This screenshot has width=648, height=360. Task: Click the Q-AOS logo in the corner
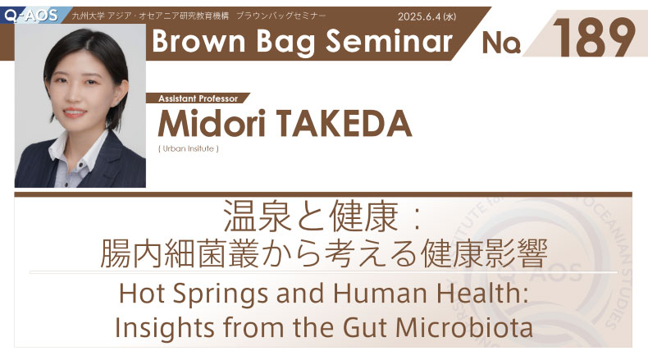click(31, 16)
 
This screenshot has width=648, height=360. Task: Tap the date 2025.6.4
click(419, 16)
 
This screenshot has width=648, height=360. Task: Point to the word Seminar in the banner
click(389, 41)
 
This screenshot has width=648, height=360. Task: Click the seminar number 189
click(593, 38)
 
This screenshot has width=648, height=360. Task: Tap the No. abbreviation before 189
click(501, 43)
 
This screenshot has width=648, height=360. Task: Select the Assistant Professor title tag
click(198, 98)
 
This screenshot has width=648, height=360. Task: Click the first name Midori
click(211, 124)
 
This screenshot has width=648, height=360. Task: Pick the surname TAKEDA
click(344, 124)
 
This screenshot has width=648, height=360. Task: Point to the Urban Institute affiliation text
click(189, 148)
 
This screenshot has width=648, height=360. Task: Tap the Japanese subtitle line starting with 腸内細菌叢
click(324, 253)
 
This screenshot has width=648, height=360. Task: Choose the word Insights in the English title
click(165, 328)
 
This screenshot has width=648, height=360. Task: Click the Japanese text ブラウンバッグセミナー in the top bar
click(281, 16)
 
